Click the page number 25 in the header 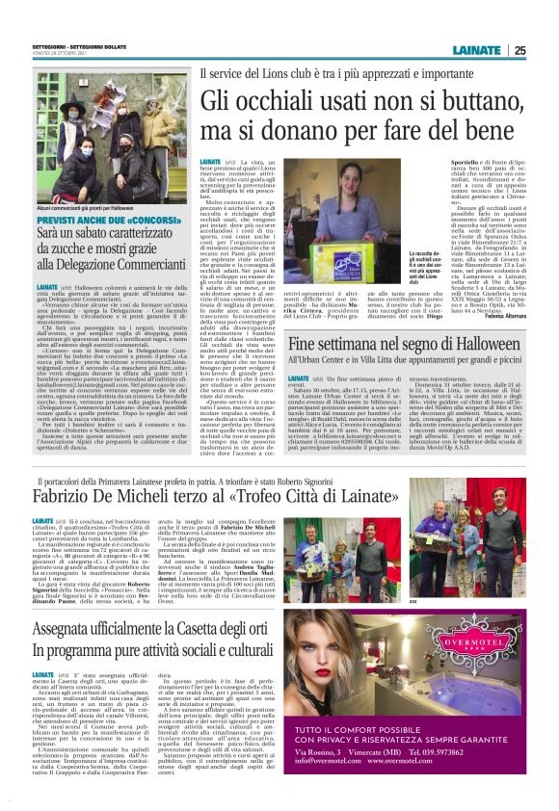click(546, 51)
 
